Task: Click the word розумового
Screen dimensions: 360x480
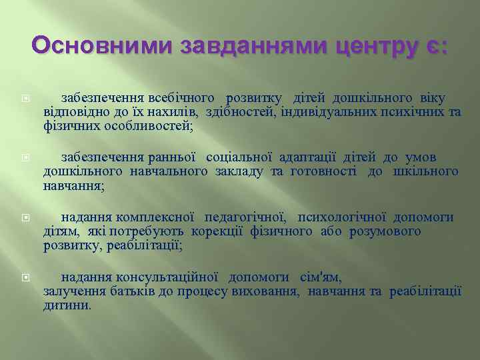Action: (388, 231)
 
